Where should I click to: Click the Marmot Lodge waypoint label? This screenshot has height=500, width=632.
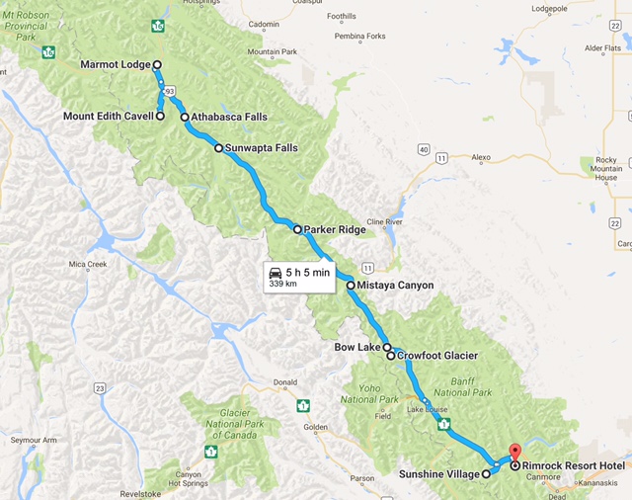[x=115, y=65]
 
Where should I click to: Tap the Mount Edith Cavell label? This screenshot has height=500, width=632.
[x=107, y=117]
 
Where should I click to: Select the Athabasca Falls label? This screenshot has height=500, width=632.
[x=229, y=117]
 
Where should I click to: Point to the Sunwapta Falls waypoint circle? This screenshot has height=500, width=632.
[x=218, y=148]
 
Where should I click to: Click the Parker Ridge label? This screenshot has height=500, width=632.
[x=335, y=229]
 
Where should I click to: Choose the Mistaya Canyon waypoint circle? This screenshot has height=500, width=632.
[x=350, y=286]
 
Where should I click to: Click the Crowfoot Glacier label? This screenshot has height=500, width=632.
[x=436, y=356]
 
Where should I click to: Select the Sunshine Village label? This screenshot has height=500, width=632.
[x=439, y=474]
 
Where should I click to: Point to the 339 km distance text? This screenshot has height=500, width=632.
[x=282, y=285]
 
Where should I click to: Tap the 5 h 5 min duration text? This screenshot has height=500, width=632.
[x=307, y=272]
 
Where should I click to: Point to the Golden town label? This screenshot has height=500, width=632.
[x=316, y=427]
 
